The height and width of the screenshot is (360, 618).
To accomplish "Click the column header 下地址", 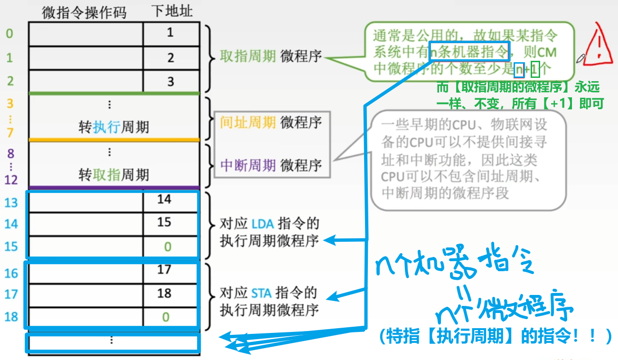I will pos(171,11).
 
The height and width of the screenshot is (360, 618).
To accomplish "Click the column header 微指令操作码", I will pos(84,12).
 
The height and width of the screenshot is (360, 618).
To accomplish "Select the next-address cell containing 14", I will pos(164,199).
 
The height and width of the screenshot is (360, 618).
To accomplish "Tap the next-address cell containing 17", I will pos(164,270).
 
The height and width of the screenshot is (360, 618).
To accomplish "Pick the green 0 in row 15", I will pos(167,246).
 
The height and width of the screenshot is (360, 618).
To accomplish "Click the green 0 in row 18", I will pos(166,316).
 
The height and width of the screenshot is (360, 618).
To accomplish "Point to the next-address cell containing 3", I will pos(170,82).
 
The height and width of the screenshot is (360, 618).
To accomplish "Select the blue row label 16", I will pos(11,273).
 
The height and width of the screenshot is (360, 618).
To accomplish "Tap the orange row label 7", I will pos(10,132).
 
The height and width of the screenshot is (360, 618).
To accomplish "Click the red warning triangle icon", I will pos(599,45).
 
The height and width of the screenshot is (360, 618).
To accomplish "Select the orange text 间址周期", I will pos(248,122).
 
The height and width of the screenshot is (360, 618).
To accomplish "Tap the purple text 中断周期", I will pos(248,165).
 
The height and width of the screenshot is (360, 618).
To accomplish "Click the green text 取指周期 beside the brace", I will pos(248,57).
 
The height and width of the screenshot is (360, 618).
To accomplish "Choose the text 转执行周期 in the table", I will pos(114,127).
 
